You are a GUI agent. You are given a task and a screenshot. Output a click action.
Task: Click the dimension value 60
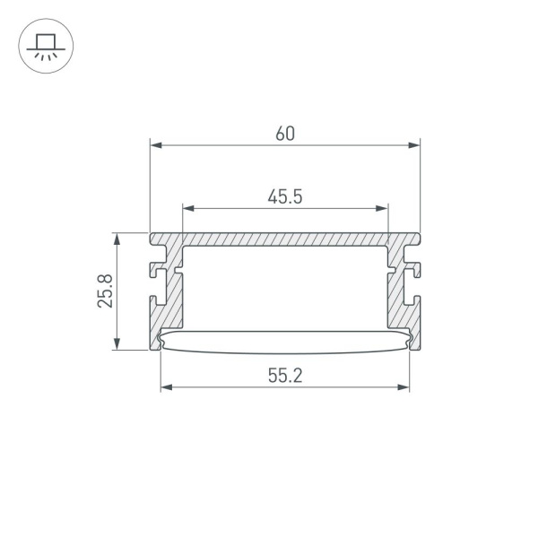click(x=284, y=134)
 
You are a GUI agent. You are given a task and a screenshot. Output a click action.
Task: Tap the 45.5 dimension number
click(x=284, y=197)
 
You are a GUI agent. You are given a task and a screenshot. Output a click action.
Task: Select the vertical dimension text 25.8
click(x=106, y=291)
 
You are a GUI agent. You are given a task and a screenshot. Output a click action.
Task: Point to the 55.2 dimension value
click(x=284, y=377)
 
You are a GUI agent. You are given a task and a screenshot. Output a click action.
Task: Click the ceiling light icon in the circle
click(x=46, y=45)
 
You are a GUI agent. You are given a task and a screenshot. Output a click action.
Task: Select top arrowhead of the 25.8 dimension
click(x=117, y=238)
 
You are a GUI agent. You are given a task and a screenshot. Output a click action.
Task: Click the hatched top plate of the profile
click(x=284, y=241)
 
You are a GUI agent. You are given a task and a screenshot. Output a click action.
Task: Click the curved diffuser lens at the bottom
click(x=284, y=342)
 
